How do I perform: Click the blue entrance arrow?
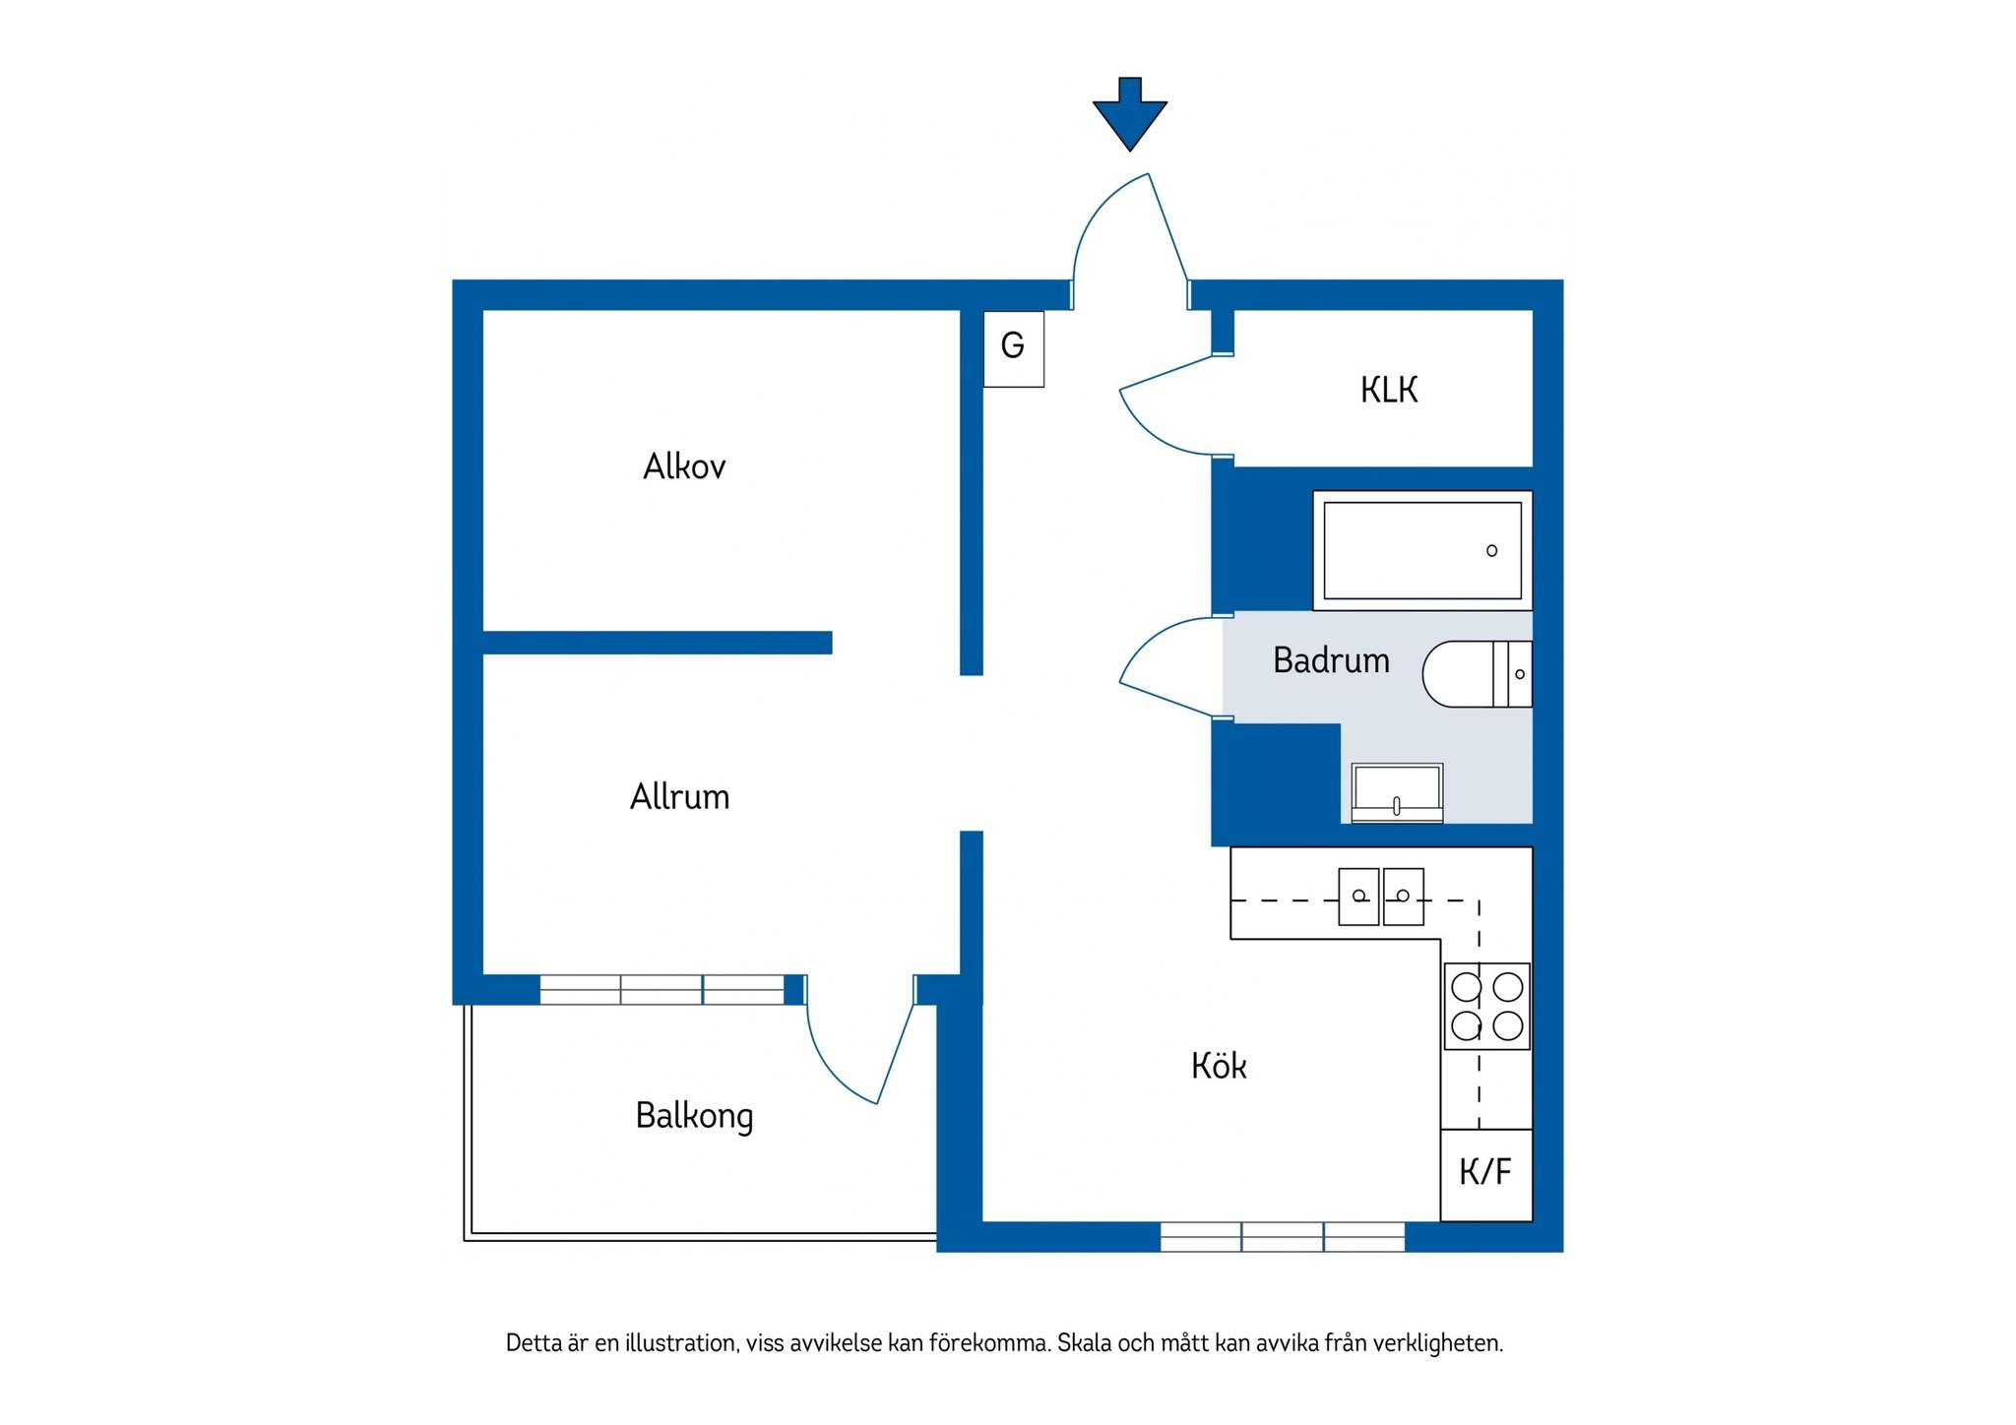pyautogui.click(x=1130, y=114)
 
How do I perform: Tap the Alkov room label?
pyautogui.click(x=684, y=466)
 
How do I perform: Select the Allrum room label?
pyautogui.click(x=680, y=796)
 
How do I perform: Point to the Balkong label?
pyautogui.click(x=695, y=1116)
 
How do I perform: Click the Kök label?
pyautogui.click(x=1219, y=1066)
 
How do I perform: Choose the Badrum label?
pyautogui.click(x=1331, y=660)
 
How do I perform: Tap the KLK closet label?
pyautogui.click(x=1389, y=391)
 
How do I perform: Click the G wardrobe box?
pyautogui.click(x=1014, y=348)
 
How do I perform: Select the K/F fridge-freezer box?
pyautogui.click(x=1486, y=1175)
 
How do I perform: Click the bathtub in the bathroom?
pyautogui.click(x=1422, y=550)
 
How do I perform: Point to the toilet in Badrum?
pyautogui.click(x=1478, y=674)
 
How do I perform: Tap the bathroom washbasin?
pyautogui.click(x=1397, y=792)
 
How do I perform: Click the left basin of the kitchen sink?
pyautogui.click(x=1358, y=897)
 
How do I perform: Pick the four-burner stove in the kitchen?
pyautogui.click(x=1487, y=1006)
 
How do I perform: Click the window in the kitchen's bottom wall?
pyautogui.click(x=1283, y=1237)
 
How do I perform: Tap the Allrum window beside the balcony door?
pyautogui.click(x=661, y=989)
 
